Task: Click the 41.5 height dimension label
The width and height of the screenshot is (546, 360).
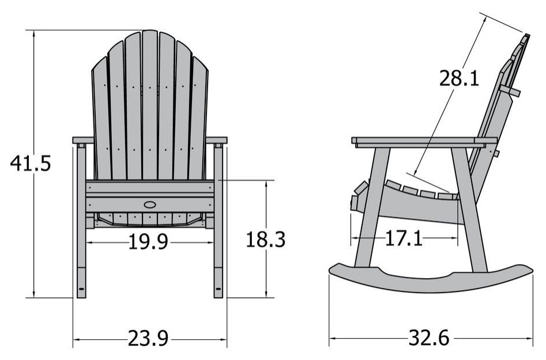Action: pos(31,164)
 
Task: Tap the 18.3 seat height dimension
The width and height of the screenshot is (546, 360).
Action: pos(266,239)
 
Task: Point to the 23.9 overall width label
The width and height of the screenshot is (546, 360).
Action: pos(148,339)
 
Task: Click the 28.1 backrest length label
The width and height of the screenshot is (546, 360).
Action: pos(459,78)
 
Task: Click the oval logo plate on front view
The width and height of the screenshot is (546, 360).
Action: pos(150,204)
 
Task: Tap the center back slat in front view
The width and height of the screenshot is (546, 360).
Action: pos(150,104)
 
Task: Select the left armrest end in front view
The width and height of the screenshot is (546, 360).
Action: pos(82,140)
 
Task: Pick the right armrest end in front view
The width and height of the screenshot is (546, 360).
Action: pos(217,140)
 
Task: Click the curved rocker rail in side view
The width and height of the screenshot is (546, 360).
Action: pos(430,277)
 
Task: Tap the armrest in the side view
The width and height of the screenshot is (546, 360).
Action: pos(424,141)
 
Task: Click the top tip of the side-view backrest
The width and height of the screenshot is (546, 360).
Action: pos(526,37)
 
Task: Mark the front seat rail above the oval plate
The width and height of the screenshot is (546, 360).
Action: pos(150,187)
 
